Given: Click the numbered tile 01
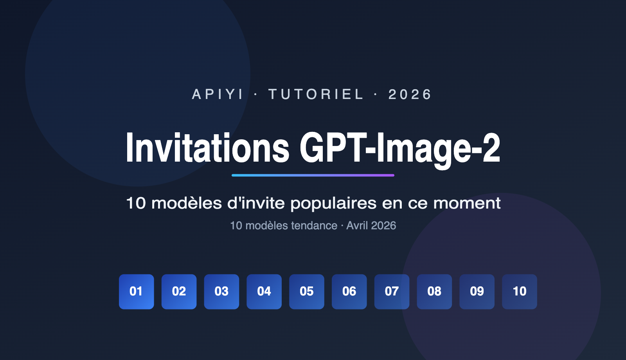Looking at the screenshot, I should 136,292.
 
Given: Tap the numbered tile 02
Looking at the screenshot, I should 179,292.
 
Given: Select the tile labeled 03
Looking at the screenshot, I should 221,292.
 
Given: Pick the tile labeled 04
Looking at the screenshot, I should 264,292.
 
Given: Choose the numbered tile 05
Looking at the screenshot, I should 307,292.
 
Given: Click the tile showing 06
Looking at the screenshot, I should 349,292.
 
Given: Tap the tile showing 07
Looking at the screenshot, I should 392,292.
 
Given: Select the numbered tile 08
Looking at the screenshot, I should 434,292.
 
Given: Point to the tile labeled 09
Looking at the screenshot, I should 477,292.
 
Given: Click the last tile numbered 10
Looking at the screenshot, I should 520,292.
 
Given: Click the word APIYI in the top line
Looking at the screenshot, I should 218,94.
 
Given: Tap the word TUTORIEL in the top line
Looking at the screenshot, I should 316,94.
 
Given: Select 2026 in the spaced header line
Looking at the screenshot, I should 410,94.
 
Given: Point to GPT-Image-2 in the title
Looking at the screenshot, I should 400,149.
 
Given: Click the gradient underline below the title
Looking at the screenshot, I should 313,175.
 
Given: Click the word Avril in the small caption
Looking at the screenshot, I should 357,225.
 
